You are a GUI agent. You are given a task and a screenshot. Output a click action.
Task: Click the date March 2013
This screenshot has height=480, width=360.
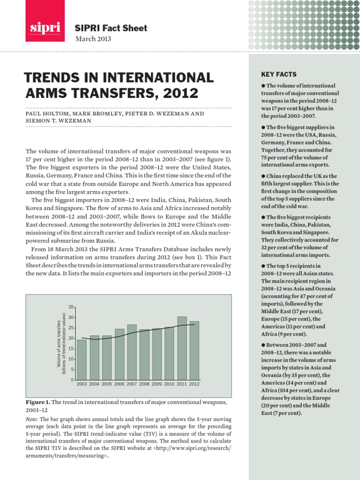click(x=93, y=39)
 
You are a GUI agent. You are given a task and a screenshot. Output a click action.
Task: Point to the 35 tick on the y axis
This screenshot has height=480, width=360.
click(x=71, y=307)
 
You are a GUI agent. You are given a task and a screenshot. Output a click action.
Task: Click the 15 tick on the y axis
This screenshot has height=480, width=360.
click(x=71, y=349)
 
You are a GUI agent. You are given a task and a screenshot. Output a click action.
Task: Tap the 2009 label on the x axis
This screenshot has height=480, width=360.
click(x=157, y=384)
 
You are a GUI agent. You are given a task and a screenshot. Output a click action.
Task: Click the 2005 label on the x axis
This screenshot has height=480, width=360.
click(x=107, y=384)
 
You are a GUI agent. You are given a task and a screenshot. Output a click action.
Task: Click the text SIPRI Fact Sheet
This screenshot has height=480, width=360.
click(x=111, y=28)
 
